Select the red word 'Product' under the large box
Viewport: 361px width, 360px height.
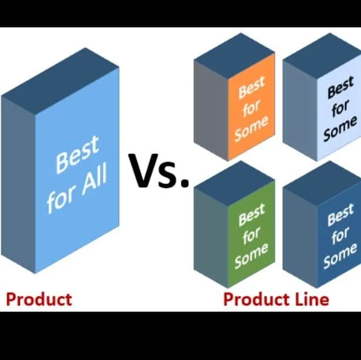[x=38, y=299]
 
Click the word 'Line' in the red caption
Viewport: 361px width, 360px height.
[x=309, y=299]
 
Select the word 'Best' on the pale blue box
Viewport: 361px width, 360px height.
[x=340, y=90]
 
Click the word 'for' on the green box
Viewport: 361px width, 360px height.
[x=251, y=235]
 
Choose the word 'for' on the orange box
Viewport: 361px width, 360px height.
[x=250, y=109]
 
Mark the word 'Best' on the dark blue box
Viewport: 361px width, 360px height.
[x=340, y=216]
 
